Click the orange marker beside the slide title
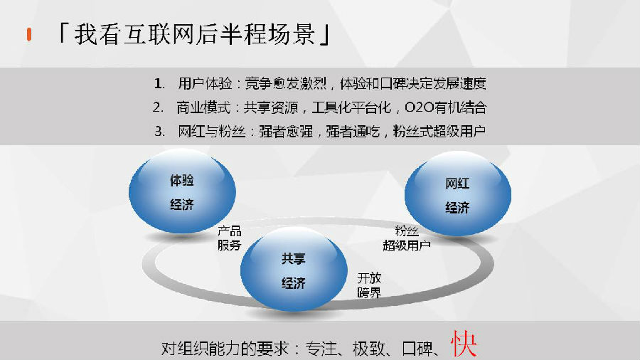(x=29, y=34)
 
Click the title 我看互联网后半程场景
(x=194, y=34)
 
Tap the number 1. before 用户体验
(x=159, y=84)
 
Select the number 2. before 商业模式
(x=159, y=107)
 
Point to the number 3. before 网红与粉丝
(x=159, y=132)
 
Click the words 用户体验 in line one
(x=205, y=84)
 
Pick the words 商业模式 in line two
(x=203, y=107)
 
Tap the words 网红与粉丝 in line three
(x=211, y=132)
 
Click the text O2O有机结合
(x=446, y=107)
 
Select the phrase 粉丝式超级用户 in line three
(x=439, y=132)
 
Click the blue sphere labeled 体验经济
(x=182, y=191)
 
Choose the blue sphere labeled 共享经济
(x=294, y=270)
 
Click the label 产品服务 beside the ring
(x=230, y=238)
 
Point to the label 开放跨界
(x=369, y=285)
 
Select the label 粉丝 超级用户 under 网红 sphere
(x=407, y=238)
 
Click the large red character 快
(x=464, y=344)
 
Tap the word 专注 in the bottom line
(x=321, y=349)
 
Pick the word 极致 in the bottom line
(x=368, y=349)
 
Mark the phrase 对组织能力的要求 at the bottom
(x=225, y=349)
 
